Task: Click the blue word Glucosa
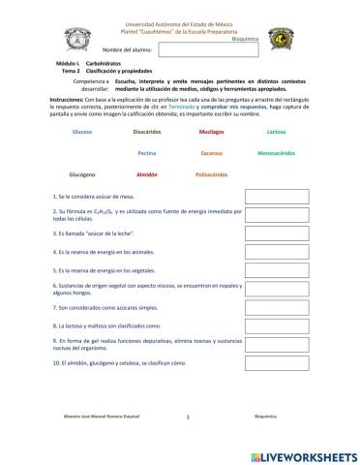tap(83, 130)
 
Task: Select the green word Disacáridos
tap(147, 130)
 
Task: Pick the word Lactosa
tap(276, 130)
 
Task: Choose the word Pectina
tap(147, 152)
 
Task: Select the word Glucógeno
tap(83, 175)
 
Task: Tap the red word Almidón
tap(147, 175)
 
